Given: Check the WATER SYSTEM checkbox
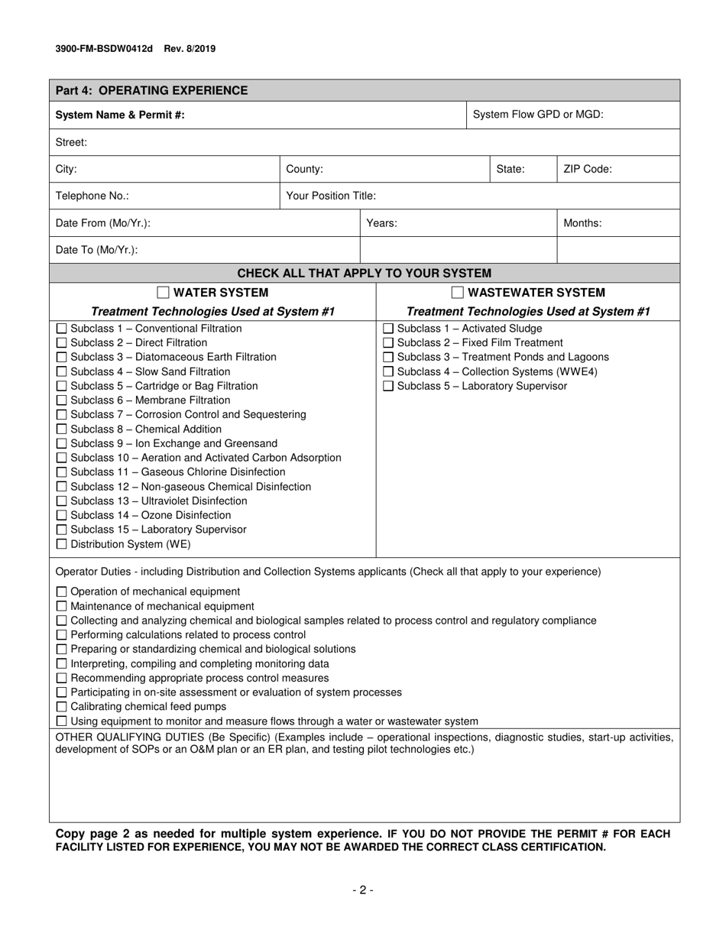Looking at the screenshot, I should click(163, 293).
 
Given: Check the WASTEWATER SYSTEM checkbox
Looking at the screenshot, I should click(457, 293).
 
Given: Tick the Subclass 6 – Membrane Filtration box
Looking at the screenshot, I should click(62, 400).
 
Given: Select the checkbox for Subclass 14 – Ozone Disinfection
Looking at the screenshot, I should click(62, 516).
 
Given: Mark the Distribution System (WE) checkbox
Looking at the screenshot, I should click(62, 545).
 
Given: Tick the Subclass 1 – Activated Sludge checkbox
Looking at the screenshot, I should click(387, 329).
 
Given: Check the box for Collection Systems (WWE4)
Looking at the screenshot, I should click(387, 372).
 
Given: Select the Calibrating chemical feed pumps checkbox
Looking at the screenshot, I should click(62, 707).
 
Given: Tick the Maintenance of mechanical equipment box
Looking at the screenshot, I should click(62, 606).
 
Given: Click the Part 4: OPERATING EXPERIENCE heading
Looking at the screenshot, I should click(151, 91).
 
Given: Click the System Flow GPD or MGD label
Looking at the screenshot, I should click(538, 115).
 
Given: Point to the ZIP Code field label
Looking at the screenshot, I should click(587, 170).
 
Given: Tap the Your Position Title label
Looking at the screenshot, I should click(330, 196).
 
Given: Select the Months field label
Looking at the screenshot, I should click(582, 223).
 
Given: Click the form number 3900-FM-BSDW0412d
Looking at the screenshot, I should click(104, 49).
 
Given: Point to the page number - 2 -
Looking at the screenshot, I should click(363, 890).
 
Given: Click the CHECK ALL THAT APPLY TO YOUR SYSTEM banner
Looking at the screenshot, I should click(364, 274).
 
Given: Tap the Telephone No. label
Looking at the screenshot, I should click(92, 196).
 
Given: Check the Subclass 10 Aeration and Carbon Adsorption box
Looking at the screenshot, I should click(62, 458).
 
